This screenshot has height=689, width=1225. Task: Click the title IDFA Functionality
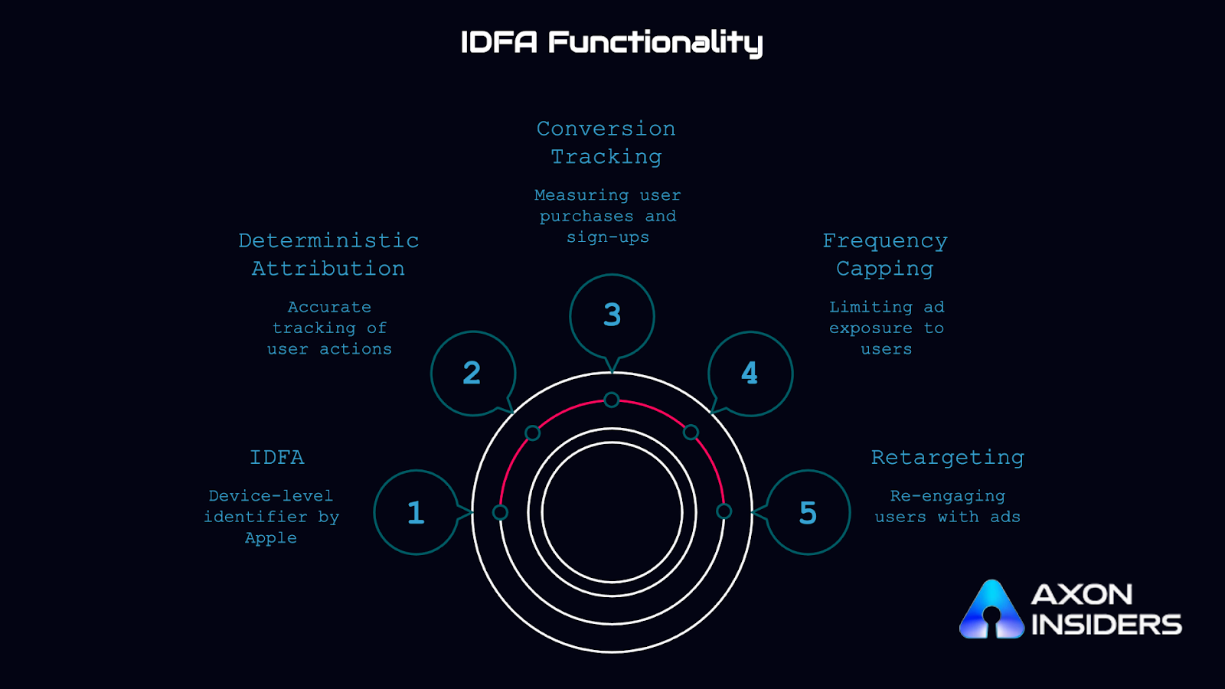click(611, 43)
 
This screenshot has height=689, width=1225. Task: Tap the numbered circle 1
click(416, 512)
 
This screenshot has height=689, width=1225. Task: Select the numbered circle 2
click(472, 374)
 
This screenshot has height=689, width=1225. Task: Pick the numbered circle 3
click(612, 315)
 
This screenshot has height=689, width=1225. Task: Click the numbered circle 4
click(750, 374)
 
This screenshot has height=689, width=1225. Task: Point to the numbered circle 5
click(808, 512)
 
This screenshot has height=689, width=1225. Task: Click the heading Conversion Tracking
click(606, 142)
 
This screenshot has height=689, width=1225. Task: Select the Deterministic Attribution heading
click(328, 254)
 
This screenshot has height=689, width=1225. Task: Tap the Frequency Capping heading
click(885, 254)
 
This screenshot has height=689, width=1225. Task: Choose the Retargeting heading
click(947, 457)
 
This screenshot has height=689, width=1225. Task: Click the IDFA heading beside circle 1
click(277, 457)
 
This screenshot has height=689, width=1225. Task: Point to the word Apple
click(271, 538)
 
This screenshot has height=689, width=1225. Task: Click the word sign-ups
click(608, 237)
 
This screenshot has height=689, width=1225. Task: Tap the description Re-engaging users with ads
click(947, 507)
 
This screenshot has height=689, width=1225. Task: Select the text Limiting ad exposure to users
click(887, 328)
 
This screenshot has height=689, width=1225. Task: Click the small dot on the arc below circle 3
click(612, 400)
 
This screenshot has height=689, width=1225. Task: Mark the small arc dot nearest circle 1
click(500, 512)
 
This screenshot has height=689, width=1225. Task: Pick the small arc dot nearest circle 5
click(724, 511)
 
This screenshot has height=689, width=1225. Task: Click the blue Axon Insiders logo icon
click(991, 610)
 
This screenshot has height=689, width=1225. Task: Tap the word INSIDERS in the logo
click(1106, 625)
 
